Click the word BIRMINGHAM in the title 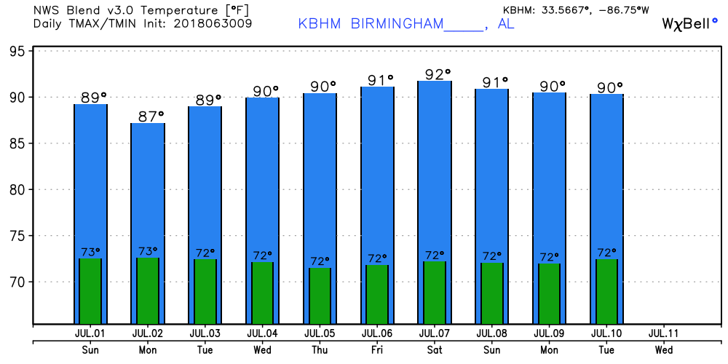(397, 23)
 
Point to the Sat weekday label (435, 349)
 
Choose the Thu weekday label (320, 349)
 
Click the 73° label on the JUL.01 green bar (90, 252)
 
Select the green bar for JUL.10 (606, 291)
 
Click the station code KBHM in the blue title (320, 23)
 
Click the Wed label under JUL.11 (663, 349)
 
